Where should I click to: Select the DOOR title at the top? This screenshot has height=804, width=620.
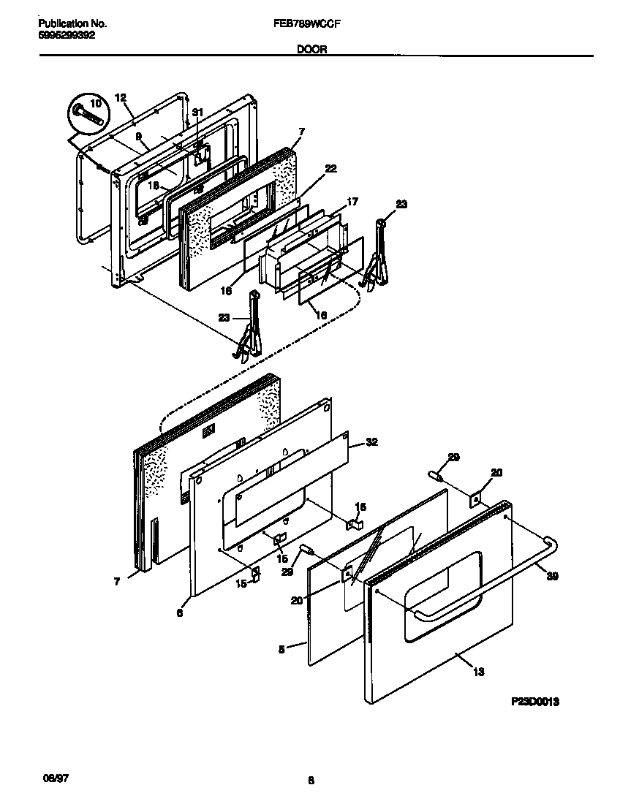click(x=311, y=50)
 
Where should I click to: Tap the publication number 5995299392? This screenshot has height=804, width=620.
click(x=65, y=34)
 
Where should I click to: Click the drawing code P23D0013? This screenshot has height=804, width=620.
click(x=535, y=702)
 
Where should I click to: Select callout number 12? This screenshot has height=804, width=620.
click(x=121, y=98)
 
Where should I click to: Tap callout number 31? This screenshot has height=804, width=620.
click(x=196, y=113)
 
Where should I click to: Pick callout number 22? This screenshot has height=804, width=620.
click(x=330, y=169)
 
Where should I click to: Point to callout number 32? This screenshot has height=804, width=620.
click(x=371, y=442)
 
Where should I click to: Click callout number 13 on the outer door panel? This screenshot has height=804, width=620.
click(x=479, y=672)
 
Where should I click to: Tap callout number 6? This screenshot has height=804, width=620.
click(x=179, y=614)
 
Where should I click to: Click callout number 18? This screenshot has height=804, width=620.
click(x=154, y=186)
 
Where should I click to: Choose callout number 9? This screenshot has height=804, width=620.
click(x=137, y=136)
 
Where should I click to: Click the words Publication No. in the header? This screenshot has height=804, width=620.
click(x=68, y=23)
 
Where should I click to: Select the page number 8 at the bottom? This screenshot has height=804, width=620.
click(x=311, y=781)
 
